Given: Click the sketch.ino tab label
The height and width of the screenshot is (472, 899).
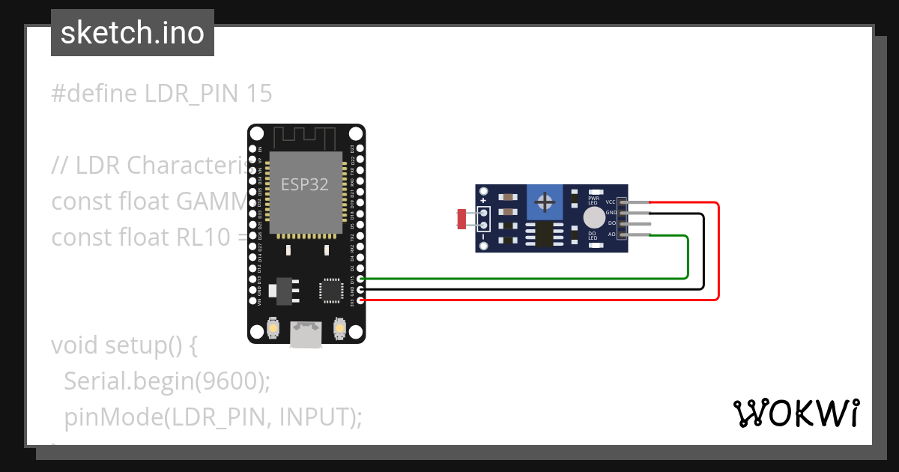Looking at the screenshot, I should [133, 33].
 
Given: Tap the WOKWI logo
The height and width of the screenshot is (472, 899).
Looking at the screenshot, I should [796, 413].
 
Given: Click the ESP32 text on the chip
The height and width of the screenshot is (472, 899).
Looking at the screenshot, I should [305, 184].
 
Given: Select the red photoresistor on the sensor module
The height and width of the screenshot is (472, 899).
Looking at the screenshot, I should [462, 219].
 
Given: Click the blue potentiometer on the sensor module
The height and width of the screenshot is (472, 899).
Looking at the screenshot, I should [546, 202].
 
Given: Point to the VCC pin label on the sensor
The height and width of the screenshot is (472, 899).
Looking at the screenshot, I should [611, 202].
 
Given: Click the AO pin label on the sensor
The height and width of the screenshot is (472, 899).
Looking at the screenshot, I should [611, 235].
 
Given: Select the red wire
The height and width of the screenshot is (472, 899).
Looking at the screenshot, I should [718, 255].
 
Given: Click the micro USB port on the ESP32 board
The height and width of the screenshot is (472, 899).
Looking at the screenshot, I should [306, 335].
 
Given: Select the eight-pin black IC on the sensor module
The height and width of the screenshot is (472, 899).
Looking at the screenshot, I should [546, 234].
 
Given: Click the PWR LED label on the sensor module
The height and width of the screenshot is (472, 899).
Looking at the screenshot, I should [593, 200].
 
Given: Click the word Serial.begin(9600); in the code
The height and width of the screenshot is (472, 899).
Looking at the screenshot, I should [166, 381].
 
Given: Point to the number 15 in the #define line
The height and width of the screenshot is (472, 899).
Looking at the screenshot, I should [259, 94].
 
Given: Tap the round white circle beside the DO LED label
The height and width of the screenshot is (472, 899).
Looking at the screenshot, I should [593, 218].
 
